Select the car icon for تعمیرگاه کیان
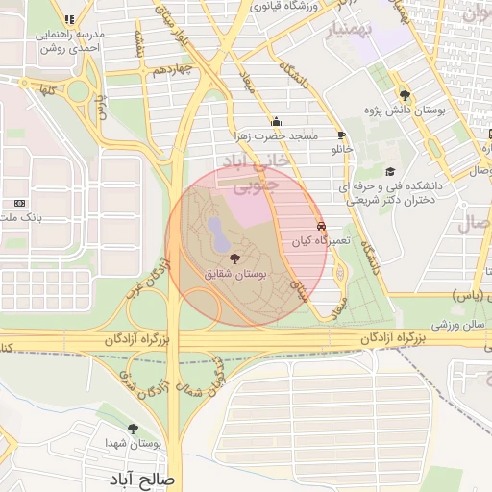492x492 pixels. tap(321, 227)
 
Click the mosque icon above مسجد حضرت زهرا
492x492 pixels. tap(277, 121)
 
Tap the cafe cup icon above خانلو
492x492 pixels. tap(342, 135)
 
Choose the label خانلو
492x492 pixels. tap(343, 150)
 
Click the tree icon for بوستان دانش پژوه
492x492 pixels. tap(405, 94)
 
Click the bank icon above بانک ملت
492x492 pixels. tap(20, 203)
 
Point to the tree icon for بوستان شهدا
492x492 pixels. tap(133, 429)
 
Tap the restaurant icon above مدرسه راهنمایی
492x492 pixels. tap(68, 18)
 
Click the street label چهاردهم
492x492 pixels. tap(176, 68)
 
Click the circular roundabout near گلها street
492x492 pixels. tap(78, 91)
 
